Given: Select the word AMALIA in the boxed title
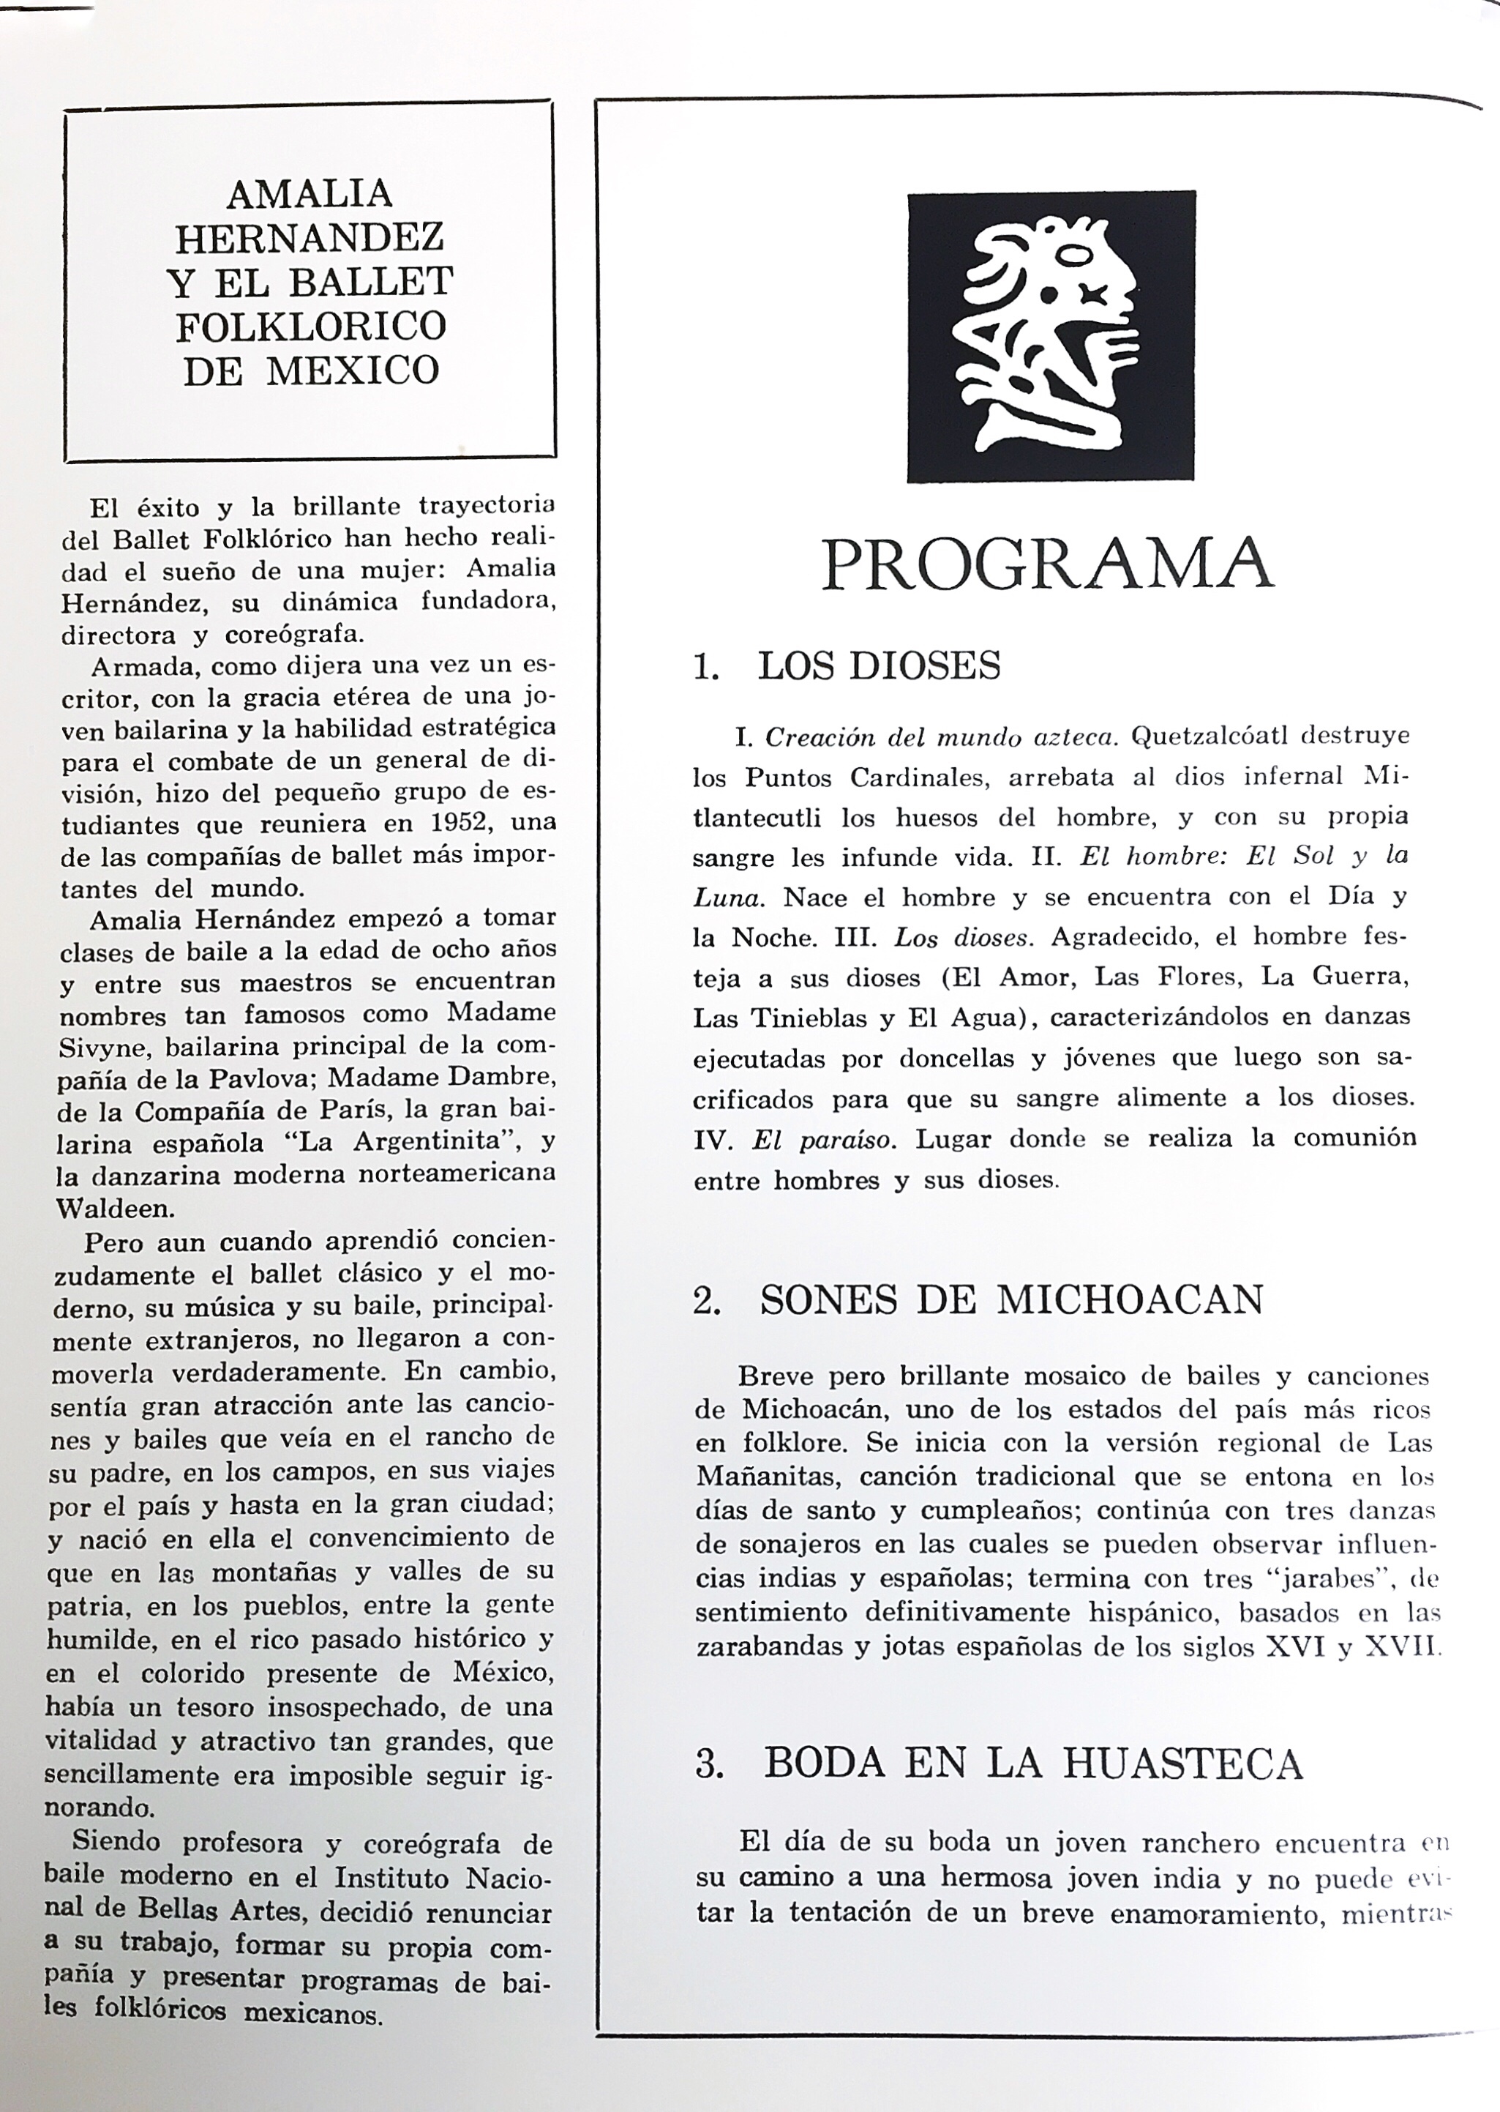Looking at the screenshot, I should [x=310, y=195].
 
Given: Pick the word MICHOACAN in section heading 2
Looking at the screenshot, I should [x=1130, y=1300].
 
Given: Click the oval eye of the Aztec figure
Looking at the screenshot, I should [x=1078, y=257].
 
